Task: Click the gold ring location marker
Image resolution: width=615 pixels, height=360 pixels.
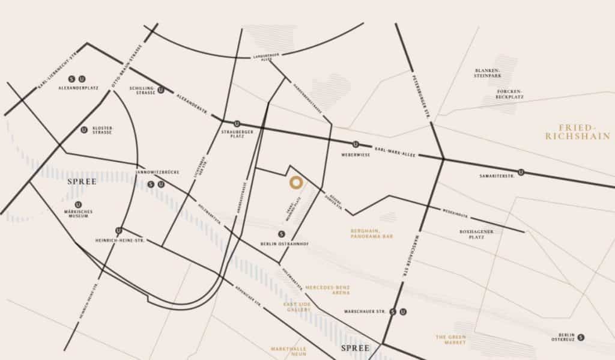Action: pyautogui.click(x=295, y=183)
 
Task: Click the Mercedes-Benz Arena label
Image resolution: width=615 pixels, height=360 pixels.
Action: pyautogui.click(x=328, y=290)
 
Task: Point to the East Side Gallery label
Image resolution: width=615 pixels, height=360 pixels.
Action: pyautogui.click(x=297, y=307)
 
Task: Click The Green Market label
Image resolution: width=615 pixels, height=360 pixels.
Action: pyautogui.click(x=451, y=340)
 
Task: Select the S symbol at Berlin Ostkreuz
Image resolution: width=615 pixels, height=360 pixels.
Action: pyautogui.click(x=581, y=337)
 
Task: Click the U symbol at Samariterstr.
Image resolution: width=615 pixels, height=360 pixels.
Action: pyautogui.click(x=521, y=172)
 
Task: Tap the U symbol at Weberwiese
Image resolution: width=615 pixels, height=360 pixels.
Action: pyautogui.click(x=356, y=144)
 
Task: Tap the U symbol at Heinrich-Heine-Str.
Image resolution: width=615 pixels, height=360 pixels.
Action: pyautogui.click(x=119, y=230)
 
